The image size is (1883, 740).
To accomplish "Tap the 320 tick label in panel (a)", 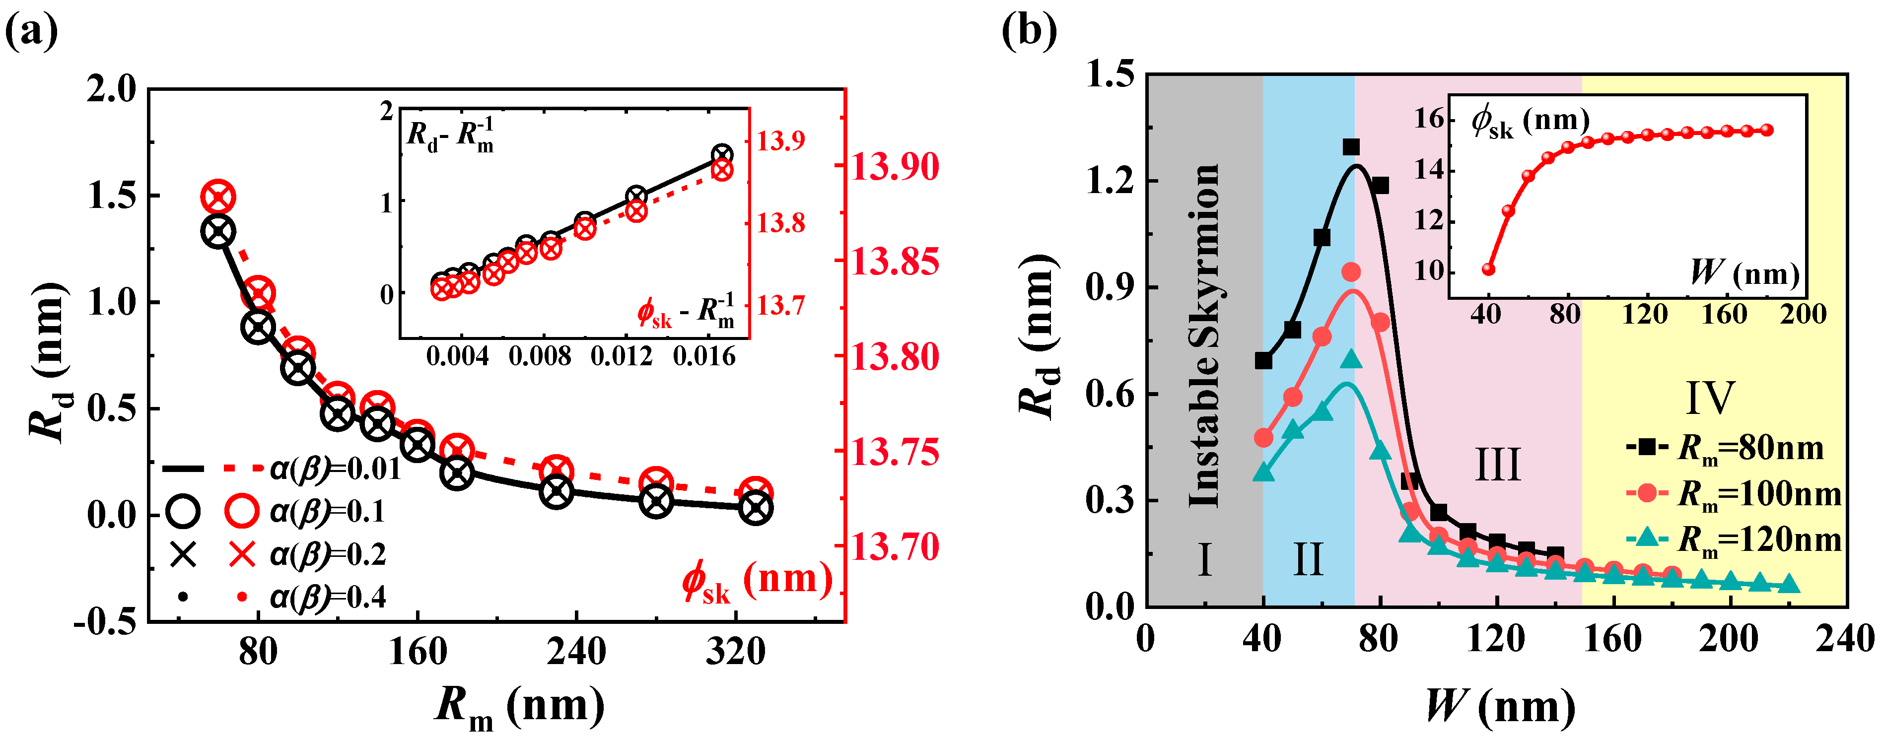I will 735,651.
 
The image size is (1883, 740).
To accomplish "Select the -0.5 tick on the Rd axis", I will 105,621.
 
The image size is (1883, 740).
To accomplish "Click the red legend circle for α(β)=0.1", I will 241,511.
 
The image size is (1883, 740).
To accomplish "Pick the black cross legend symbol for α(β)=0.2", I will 183,554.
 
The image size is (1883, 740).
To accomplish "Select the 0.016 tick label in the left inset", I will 704,356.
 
